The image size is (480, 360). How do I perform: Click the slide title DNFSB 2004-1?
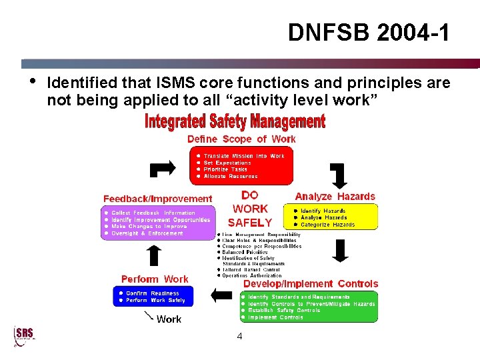pyautogui.click(x=369, y=32)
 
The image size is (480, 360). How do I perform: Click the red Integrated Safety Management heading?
pyautogui.click(x=235, y=122)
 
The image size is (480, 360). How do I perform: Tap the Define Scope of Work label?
pyautogui.click(x=241, y=139)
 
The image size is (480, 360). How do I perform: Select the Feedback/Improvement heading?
pyautogui.click(x=157, y=199)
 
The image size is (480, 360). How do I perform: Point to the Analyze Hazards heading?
pyautogui.click(x=335, y=197)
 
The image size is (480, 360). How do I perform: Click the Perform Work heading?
pyautogui.click(x=155, y=279)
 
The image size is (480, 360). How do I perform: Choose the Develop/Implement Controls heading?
pyautogui.click(x=310, y=284)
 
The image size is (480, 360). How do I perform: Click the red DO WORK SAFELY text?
pyautogui.click(x=250, y=209)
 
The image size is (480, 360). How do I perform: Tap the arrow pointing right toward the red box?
pyautogui.click(x=163, y=168)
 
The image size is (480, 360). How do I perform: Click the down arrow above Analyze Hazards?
pyautogui.click(x=338, y=176)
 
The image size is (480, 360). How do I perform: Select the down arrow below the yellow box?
pyautogui.click(x=341, y=250)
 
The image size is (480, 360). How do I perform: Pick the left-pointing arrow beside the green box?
pyautogui.click(x=221, y=294)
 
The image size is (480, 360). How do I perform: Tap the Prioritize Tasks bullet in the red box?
pyautogui.click(x=225, y=169)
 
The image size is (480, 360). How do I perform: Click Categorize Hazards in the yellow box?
pyautogui.click(x=328, y=225)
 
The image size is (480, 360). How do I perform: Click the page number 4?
pyautogui.click(x=239, y=337)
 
